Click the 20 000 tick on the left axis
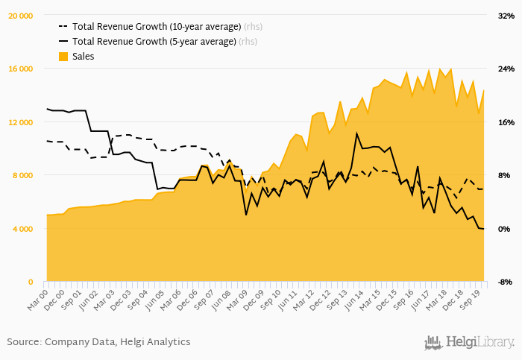[20, 16]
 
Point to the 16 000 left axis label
[20, 69]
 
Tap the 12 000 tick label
[20, 122]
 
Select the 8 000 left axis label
[22, 175]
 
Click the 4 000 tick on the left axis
[22, 228]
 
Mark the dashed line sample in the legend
[63, 26]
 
